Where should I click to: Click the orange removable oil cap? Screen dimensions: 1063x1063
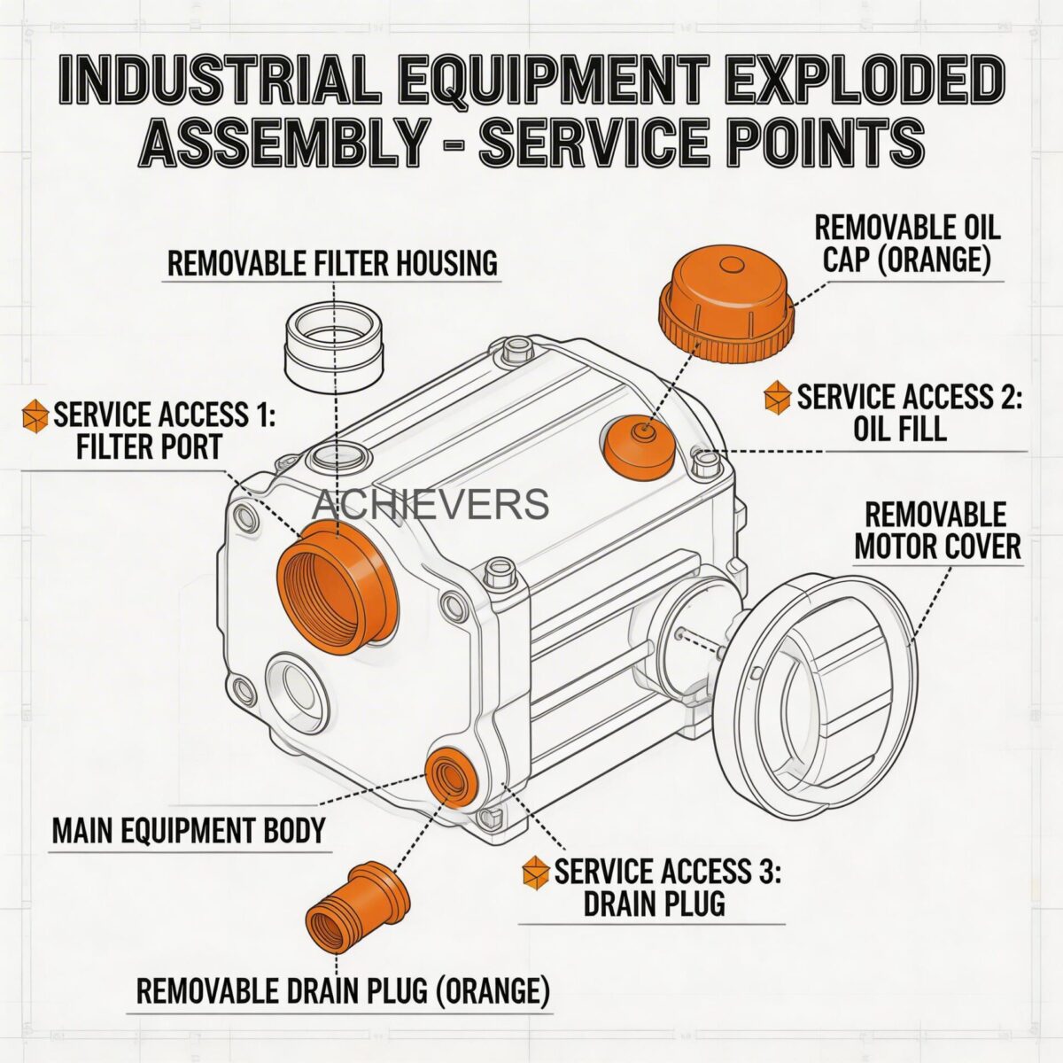725,302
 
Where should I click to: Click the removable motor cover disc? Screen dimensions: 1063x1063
815,682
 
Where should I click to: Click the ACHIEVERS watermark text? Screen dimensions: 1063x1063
431,505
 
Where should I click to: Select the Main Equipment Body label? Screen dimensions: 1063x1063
189,832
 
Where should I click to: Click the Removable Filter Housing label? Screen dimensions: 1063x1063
332,263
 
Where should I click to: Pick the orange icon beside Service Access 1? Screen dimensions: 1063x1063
35,415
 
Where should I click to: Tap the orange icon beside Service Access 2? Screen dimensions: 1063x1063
777,397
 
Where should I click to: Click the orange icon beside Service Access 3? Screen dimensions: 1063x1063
535,873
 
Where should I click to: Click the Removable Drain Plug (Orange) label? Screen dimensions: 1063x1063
343,989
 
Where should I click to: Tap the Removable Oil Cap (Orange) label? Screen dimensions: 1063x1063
907,243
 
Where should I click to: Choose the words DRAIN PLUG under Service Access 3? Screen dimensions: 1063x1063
654,904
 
